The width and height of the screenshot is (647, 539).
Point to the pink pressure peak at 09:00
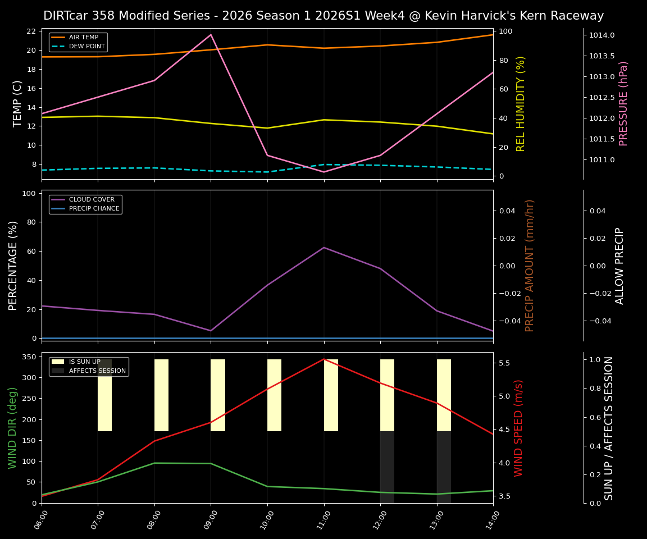(211, 35)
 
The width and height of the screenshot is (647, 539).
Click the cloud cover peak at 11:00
(323, 248)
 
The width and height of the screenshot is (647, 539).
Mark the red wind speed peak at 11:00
(323, 359)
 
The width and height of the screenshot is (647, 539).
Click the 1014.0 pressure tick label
(602, 35)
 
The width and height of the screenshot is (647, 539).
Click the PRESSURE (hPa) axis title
(623, 103)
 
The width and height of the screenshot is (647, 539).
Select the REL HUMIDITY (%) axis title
(521, 103)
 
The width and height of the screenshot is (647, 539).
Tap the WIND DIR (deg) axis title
(12, 428)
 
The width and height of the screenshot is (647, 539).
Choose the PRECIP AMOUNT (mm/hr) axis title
(530, 265)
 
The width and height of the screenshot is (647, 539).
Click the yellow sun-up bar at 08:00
(161, 395)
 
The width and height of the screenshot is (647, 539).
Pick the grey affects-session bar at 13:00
(444, 467)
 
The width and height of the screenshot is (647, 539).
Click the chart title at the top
(323, 16)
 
